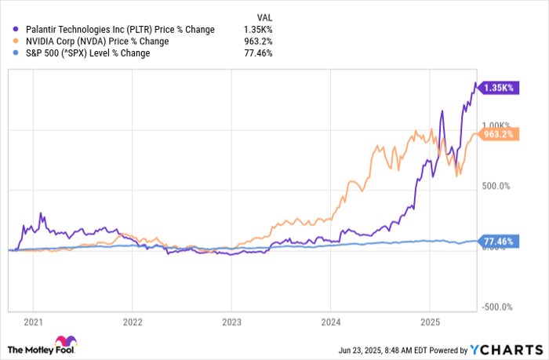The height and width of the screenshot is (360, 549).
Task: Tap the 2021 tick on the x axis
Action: point(34,322)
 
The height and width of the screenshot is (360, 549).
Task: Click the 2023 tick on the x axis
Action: point(231,322)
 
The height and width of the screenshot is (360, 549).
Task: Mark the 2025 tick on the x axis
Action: point(429,322)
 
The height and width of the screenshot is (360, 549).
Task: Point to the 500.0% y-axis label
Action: point(496,186)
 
